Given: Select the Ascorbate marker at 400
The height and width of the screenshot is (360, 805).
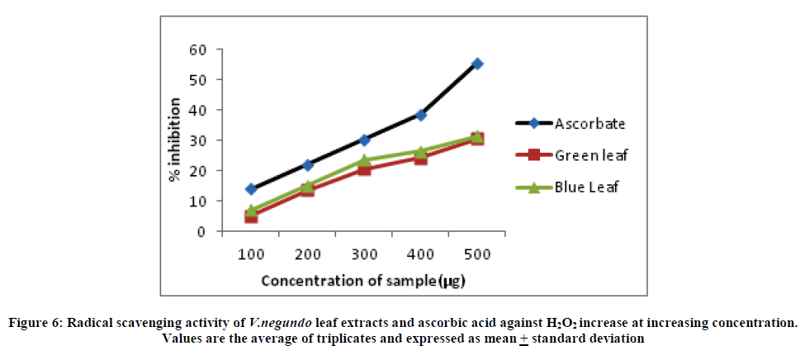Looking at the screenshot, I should pos(420,115).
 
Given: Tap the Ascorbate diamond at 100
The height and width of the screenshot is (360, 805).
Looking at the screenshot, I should pos(251,189).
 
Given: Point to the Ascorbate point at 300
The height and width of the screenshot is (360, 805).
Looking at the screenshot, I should pos(364,140).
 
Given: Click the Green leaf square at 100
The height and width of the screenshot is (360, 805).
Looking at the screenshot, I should pos(251,216).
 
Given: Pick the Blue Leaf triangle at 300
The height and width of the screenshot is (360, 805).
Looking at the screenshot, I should pos(364,160).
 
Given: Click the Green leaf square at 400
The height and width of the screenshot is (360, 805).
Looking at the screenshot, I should pos(420,158).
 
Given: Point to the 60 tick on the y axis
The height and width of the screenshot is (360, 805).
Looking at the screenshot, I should pos(201,50).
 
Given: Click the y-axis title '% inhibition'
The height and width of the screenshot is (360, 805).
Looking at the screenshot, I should pos(175,140).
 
